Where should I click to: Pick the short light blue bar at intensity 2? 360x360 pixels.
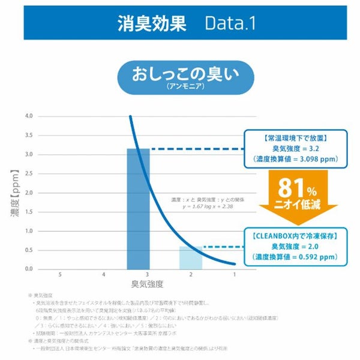191,258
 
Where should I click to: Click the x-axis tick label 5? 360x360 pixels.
60,274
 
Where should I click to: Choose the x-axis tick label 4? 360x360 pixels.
104,274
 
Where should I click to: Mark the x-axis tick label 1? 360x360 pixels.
234,274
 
